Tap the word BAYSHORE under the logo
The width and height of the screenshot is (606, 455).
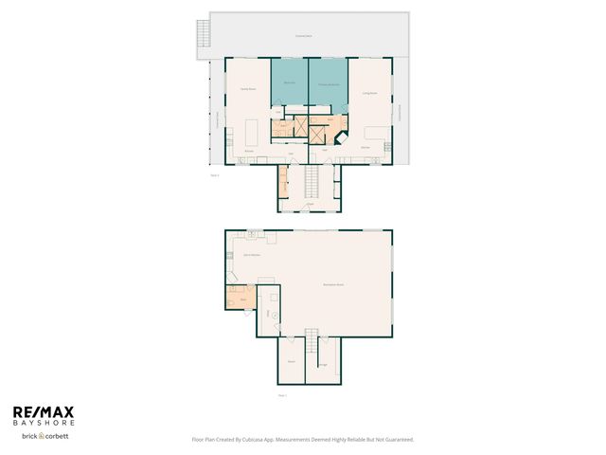[x=43, y=423]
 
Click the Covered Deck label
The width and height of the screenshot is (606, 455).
[x=302, y=35]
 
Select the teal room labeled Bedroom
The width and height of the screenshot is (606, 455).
[x=290, y=85]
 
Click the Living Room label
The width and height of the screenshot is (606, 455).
[x=370, y=93]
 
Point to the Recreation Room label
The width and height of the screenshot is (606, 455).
[x=332, y=284]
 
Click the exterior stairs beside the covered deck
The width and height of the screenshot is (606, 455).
[x=201, y=34]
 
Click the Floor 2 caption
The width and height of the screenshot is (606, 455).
[x=215, y=175]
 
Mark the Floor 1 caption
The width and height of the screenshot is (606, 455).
[x=281, y=394]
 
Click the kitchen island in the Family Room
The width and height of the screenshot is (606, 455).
[x=253, y=130]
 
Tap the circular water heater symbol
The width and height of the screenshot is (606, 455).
[x=276, y=316]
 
